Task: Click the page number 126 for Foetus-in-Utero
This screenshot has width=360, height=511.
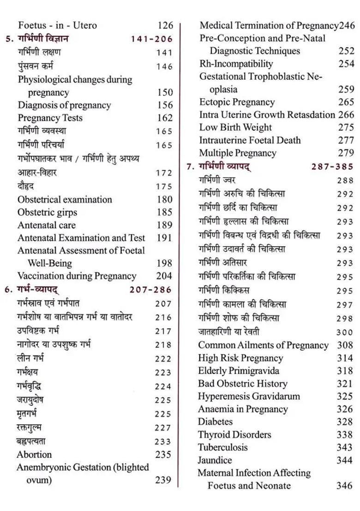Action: pos(165,26)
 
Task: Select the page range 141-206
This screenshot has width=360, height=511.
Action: pos(152,39)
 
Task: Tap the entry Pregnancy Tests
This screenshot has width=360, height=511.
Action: pos(50,118)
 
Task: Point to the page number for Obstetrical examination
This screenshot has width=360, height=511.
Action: pos(164,200)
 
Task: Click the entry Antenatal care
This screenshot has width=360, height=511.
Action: pos(46,225)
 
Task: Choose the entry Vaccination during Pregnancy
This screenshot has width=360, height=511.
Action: pos(77,276)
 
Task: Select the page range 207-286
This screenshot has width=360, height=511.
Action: pos(150,290)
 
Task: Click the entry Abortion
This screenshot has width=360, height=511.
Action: pos(34,454)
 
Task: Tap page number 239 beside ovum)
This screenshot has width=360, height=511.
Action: pos(163,480)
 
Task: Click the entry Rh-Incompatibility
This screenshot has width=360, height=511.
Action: pos(236,64)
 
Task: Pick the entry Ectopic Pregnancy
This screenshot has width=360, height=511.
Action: pos(237,102)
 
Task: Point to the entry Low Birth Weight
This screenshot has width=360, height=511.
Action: pos(235,127)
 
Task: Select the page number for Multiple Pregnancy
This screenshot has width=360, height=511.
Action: pos(346,153)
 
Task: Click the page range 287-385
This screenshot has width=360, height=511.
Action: pos(332,166)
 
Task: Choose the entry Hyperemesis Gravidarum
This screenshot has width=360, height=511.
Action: pos(249,396)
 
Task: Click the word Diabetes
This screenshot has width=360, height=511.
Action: pos(215,422)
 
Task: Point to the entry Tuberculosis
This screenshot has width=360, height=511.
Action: pos(222,447)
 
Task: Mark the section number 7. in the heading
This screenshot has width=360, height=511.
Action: pos(190,166)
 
